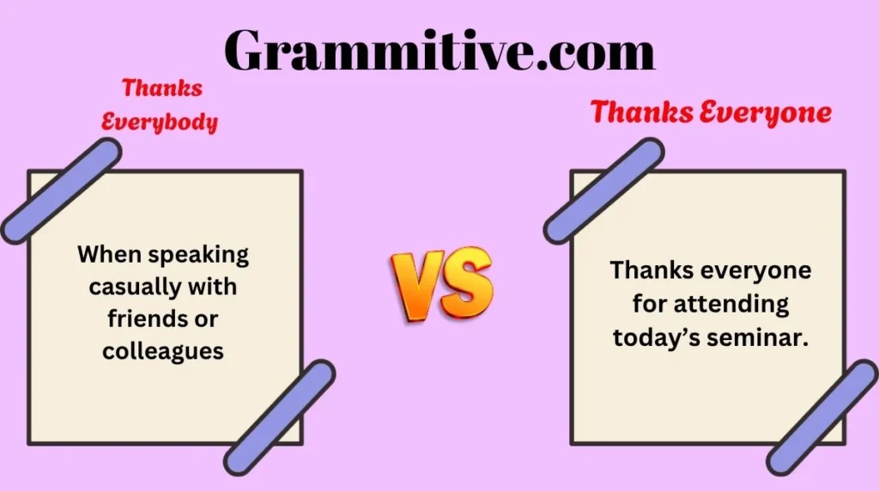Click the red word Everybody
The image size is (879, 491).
click(159, 122)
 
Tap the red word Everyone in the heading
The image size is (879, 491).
click(765, 112)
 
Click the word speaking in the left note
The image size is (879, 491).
click(198, 256)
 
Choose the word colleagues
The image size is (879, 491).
click(163, 351)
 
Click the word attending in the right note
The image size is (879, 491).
click(731, 305)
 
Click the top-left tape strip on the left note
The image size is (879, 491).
click(61, 191)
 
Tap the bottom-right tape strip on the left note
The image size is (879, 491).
click(280, 418)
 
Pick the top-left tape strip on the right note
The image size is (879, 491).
click(603, 191)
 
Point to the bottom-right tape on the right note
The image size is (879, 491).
click(822, 418)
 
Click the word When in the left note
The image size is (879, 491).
click(109, 254)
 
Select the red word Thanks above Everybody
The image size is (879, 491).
click(162, 88)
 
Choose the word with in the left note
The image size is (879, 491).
click(212, 287)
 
